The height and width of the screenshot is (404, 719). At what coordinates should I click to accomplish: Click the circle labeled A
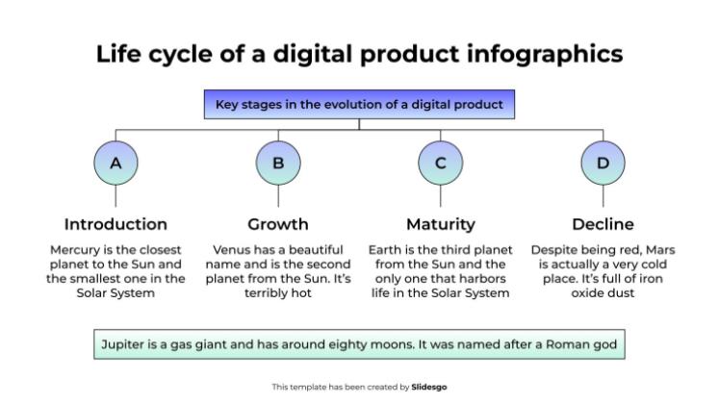116,164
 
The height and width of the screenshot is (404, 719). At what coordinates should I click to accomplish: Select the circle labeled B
278,164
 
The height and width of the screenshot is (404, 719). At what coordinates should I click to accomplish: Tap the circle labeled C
441,164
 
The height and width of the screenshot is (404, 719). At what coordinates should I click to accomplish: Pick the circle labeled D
603,164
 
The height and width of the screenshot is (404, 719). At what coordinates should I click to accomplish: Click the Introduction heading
116,224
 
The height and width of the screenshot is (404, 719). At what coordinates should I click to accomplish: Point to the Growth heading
278,224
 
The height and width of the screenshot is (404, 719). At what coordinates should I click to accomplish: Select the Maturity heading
441,224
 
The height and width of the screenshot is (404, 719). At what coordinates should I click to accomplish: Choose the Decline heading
603,224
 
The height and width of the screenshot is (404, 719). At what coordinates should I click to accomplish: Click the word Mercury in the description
74,250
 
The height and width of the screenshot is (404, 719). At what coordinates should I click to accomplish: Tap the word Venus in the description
233,250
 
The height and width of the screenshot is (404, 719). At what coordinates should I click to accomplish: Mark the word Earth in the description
386,250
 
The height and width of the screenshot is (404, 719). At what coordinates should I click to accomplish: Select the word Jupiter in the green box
124,342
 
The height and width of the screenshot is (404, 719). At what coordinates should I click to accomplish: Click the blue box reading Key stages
359,104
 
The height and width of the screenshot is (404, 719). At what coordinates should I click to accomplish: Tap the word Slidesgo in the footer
428,387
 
